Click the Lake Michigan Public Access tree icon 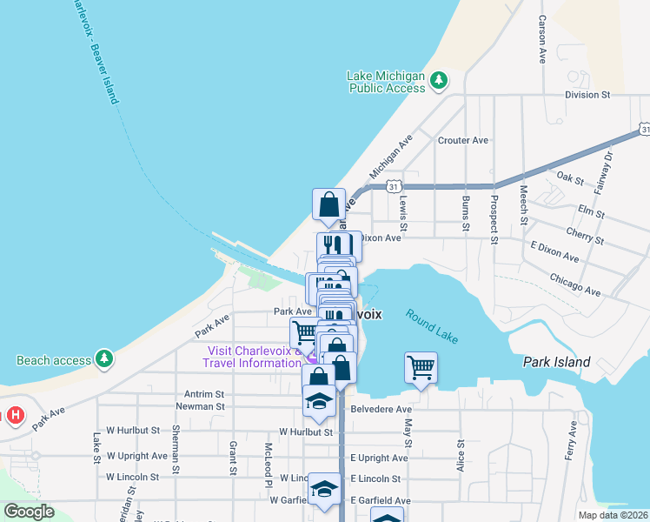click(440, 81)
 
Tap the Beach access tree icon click(104, 358)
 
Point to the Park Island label click(556, 362)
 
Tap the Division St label click(581, 95)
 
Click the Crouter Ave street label click(464, 140)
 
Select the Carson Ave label click(541, 39)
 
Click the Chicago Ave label click(575, 284)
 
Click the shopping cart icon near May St click(421, 367)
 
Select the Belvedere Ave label click(380, 409)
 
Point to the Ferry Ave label click(572, 441)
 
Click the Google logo click(29, 511)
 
